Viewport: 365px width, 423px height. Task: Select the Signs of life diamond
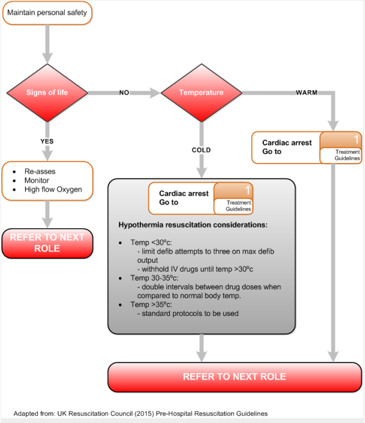coord(47,93)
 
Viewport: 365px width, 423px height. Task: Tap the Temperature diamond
coord(201,93)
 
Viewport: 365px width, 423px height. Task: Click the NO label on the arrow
coord(124,93)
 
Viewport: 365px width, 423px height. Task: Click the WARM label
coord(307,93)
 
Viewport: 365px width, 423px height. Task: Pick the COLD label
coord(202,150)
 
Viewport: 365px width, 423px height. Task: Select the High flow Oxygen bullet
coord(53,190)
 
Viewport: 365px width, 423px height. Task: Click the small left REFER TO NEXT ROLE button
coord(47,242)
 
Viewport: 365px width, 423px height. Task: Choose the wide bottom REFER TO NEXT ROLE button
coord(234,377)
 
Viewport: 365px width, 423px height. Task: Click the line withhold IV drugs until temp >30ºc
coord(198,269)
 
